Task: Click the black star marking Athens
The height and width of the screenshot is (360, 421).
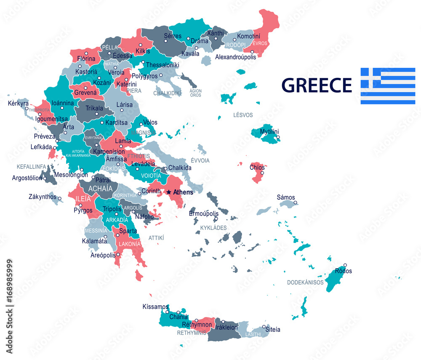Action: pyautogui.click(x=169, y=192)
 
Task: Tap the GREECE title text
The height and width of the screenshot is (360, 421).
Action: pyautogui.click(x=316, y=85)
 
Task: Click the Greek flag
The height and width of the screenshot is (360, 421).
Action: pyautogui.click(x=388, y=86)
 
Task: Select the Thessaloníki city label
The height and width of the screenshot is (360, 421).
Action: pyautogui.click(x=163, y=65)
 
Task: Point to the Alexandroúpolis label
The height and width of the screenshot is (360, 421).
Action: pyautogui.click(x=235, y=57)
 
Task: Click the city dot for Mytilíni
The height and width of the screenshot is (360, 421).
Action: pyautogui.click(x=278, y=137)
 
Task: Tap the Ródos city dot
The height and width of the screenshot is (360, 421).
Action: pyautogui.click(x=345, y=265)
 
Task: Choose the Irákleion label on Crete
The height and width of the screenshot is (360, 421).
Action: pyautogui.click(x=226, y=327)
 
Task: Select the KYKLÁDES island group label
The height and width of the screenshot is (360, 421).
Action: pyautogui.click(x=213, y=228)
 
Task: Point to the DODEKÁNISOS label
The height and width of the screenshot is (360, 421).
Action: pyautogui.click(x=305, y=283)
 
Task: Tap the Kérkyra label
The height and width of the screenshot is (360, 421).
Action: pyautogui.click(x=19, y=103)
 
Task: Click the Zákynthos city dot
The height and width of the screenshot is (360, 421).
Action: pyautogui.click(x=60, y=198)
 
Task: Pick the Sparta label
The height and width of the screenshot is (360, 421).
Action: pyautogui.click(x=128, y=231)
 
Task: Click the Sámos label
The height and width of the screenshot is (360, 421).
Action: pyautogui.click(x=286, y=197)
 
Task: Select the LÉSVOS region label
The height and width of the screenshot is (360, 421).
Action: pyautogui.click(x=243, y=115)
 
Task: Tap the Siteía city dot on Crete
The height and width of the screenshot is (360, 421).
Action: pyautogui.click(x=264, y=326)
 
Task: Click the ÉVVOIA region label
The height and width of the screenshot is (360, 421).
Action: pyautogui.click(x=200, y=160)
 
